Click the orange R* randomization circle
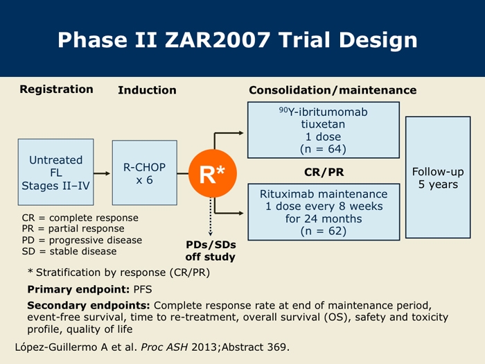[213, 173]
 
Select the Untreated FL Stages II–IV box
[55, 172]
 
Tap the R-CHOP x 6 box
[144, 173]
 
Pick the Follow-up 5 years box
[438, 177]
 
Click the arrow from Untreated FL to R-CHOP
[102, 173]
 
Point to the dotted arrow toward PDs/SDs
[211, 216]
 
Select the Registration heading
[56, 89]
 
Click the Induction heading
[147, 90]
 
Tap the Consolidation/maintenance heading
[333, 90]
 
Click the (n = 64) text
[324, 149]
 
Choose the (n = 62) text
[324, 231]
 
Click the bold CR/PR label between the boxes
[324, 172]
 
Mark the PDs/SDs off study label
[211, 251]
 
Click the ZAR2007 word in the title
[218, 40]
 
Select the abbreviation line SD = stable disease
[69, 251]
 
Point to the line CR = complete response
[80, 218]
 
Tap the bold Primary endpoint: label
[78, 289]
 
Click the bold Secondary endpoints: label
[89, 306]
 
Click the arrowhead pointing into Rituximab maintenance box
[240, 213]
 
